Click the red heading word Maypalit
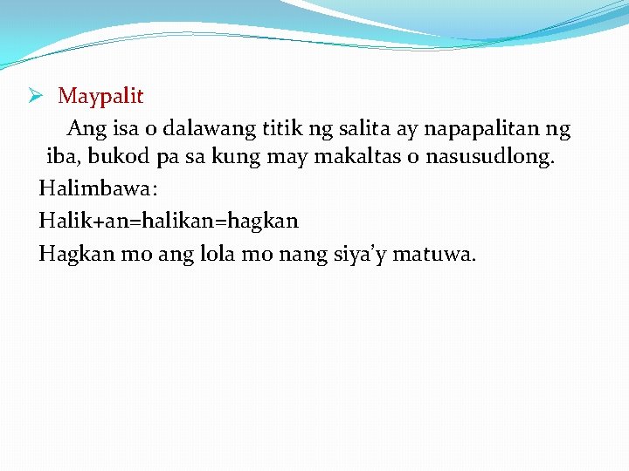tap(100, 97)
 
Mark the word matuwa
tap(434, 255)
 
